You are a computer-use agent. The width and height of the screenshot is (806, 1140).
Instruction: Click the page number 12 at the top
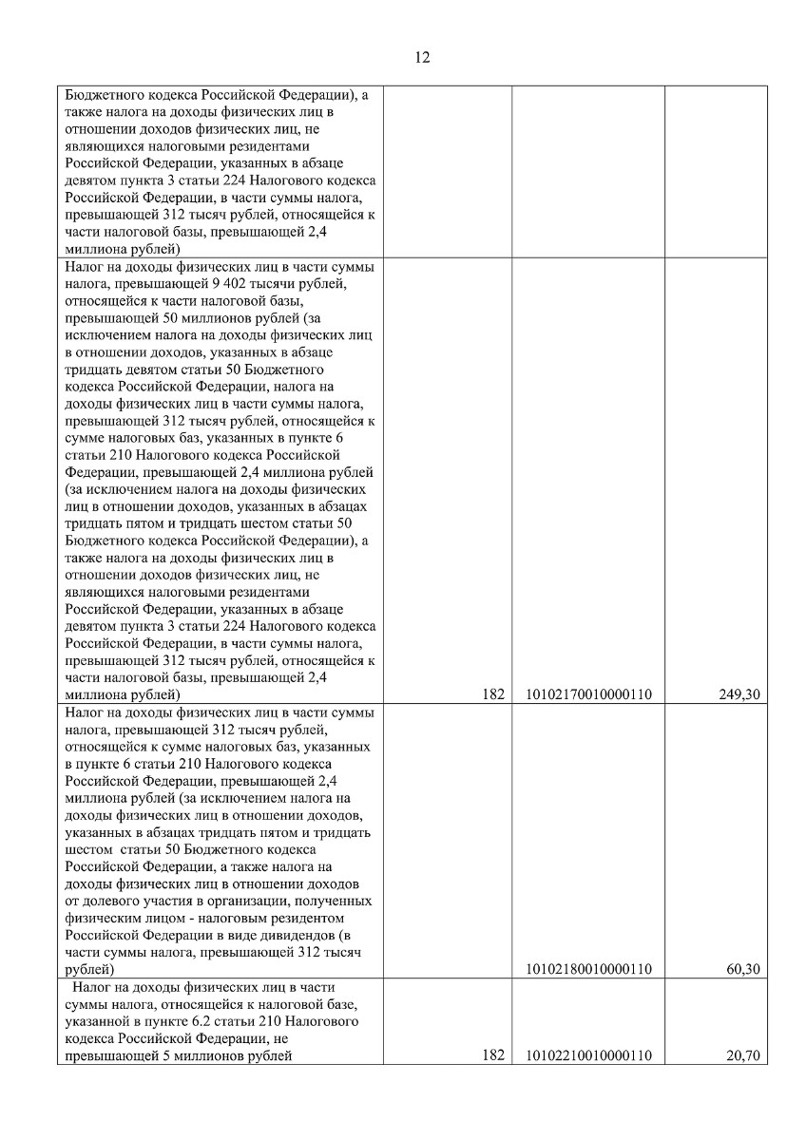[x=423, y=57]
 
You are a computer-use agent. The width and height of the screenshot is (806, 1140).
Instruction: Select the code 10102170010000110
[x=588, y=694]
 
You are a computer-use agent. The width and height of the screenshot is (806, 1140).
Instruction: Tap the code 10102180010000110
[x=588, y=969]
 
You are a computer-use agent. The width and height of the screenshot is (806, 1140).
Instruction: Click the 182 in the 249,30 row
[x=492, y=694]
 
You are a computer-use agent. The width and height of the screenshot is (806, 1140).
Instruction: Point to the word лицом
[x=164, y=918]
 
